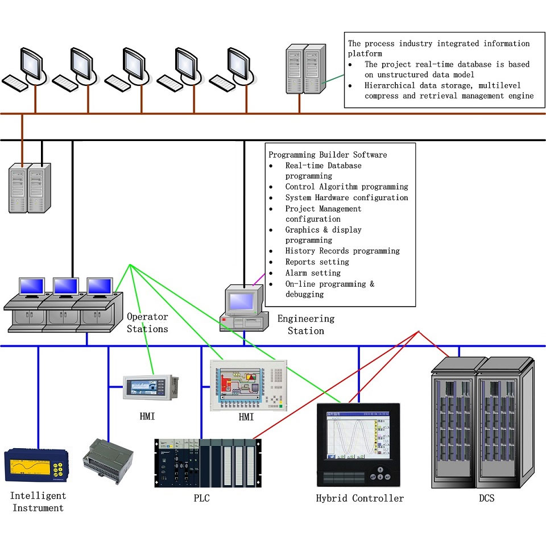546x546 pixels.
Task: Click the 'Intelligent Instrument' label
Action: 38,502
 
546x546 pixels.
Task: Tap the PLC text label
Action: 202,498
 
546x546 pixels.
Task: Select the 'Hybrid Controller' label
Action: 359,498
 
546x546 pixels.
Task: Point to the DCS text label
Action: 486,498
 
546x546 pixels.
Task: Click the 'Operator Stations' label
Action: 147,322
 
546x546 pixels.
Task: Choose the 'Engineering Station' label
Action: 306,324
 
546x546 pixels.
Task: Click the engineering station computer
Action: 243,308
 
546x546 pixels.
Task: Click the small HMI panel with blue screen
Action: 151,387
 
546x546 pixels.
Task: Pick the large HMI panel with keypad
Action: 248,385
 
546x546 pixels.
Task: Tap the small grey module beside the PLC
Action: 107,461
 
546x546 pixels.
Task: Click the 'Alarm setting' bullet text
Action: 312,273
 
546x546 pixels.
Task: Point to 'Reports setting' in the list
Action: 317,262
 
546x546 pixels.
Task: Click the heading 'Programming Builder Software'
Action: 328,155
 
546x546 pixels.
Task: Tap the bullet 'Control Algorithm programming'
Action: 346,187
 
